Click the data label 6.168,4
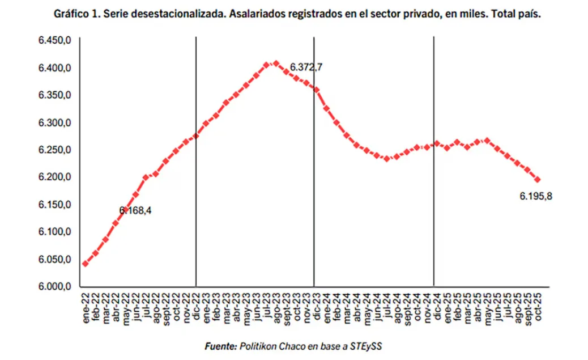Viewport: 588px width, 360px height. click(x=135, y=210)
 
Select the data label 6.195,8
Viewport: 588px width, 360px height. click(x=536, y=196)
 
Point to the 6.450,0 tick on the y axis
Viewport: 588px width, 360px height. click(x=54, y=41)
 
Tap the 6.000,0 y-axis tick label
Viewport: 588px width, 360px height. click(x=54, y=287)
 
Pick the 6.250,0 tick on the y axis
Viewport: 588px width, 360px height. click(x=54, y=150)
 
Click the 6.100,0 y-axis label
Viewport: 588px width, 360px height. click(x=54, y=232)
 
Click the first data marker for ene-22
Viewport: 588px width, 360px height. click(x=85, y=264)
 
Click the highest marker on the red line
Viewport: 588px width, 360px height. click(x=276, y=63)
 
